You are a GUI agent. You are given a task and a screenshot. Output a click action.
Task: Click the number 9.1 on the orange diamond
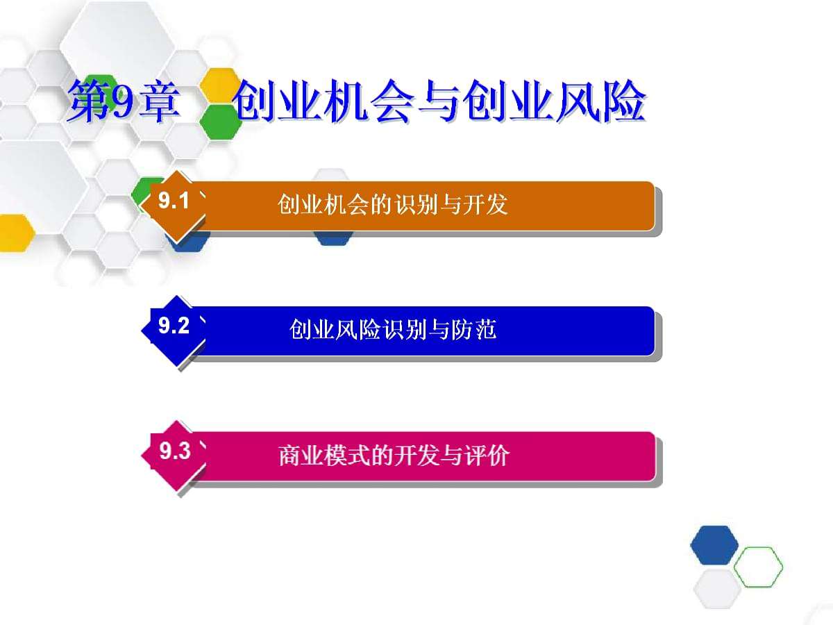pos(174,202)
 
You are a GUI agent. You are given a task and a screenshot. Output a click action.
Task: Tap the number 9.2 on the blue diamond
pos(174,326)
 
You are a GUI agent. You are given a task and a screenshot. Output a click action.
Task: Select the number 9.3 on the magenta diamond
pos(174,452)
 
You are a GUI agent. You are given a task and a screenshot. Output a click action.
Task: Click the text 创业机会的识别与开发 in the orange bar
pos(393,205)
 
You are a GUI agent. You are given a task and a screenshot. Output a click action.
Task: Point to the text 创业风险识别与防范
pos(393,329)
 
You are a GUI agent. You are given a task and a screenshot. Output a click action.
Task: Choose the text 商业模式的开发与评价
pos(394,456)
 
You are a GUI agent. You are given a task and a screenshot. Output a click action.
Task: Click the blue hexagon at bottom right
pos(714,544)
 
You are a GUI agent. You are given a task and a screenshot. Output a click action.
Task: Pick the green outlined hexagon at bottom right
pos(758,567)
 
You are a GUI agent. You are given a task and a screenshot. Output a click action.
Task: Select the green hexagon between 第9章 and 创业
pos(219,122)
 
